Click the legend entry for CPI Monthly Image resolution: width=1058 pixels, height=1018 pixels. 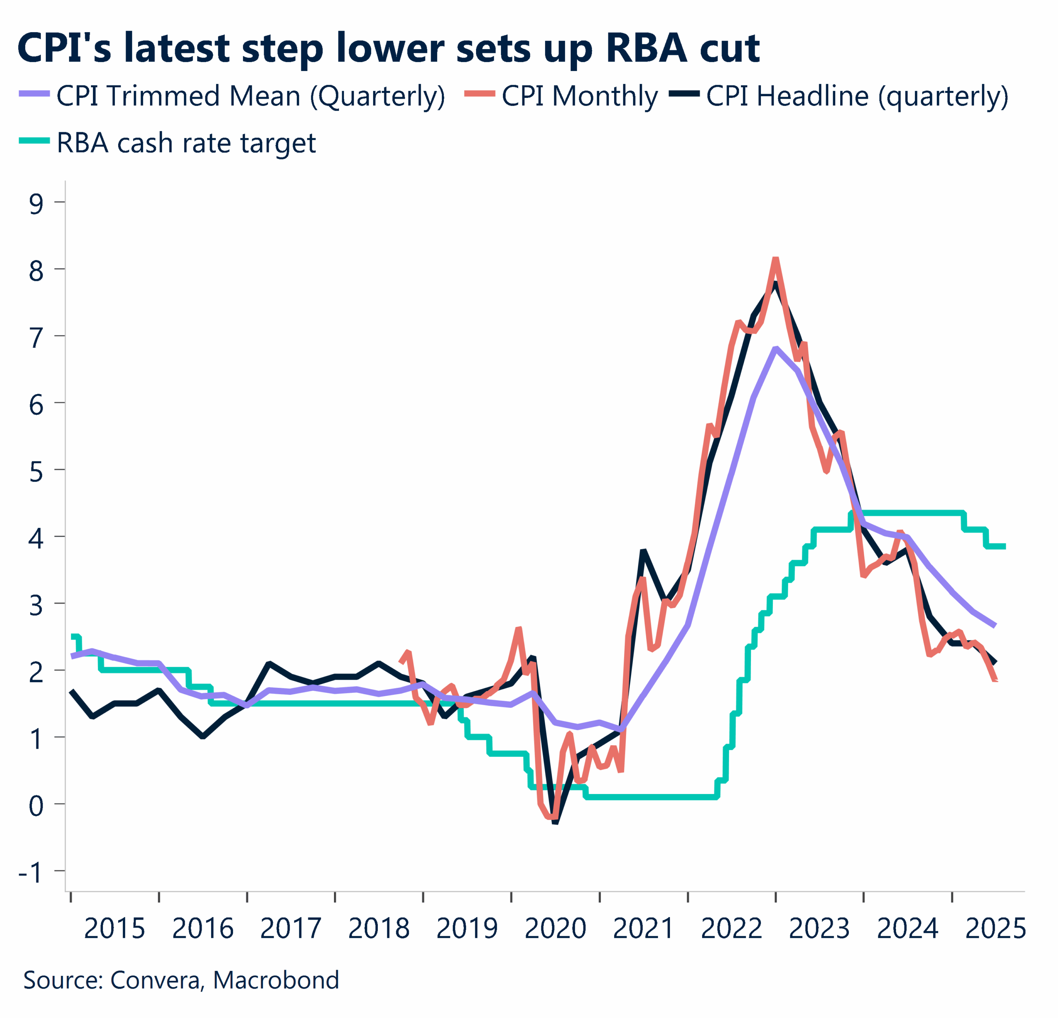579,97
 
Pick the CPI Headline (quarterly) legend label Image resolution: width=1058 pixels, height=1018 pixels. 857,97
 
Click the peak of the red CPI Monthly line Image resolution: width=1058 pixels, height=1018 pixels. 775,259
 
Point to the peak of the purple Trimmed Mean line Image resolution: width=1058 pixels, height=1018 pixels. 776,349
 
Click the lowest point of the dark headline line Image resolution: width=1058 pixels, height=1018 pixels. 555,823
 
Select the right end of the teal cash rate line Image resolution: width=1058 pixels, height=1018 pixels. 1004,547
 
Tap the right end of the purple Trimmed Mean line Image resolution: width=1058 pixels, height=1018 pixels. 994,626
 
